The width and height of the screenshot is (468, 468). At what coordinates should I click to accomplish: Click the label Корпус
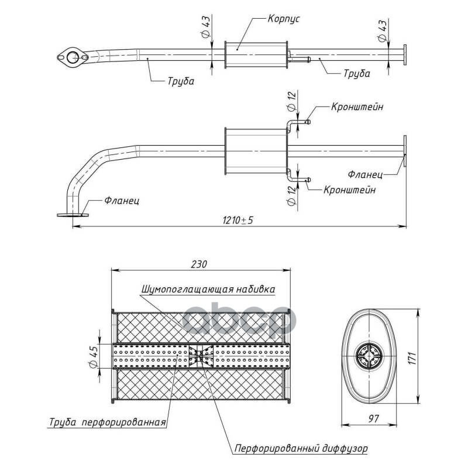[284, 19]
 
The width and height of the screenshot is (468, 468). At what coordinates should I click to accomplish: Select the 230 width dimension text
[199, 264]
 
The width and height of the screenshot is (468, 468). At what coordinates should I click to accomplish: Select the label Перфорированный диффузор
[301, 449]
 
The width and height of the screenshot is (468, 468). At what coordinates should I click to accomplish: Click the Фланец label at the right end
[366, 174]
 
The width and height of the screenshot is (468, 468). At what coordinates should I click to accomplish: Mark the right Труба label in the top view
[356, 74]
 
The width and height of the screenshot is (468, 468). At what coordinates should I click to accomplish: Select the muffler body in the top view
[256, 54]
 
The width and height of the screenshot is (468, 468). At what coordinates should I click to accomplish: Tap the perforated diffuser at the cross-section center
[201, 356]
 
